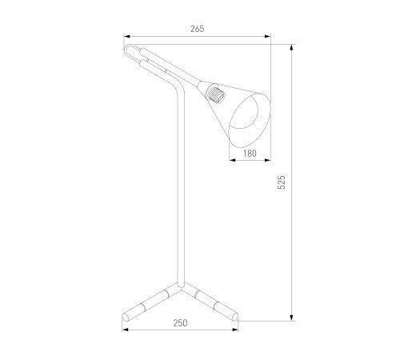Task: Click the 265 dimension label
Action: click(198, 29)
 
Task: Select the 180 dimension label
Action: click(250, 154)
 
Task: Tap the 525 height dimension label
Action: click(282, 182)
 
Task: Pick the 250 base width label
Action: click(181, 323)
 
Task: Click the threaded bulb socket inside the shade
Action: click(215, 94)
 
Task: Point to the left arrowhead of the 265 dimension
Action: click(126, 37)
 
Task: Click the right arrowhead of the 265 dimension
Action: click(267, 37)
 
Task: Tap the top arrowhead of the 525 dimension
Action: click(292, 47)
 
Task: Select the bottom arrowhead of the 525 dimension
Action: click(292, 318)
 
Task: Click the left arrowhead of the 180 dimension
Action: click(233, 160)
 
